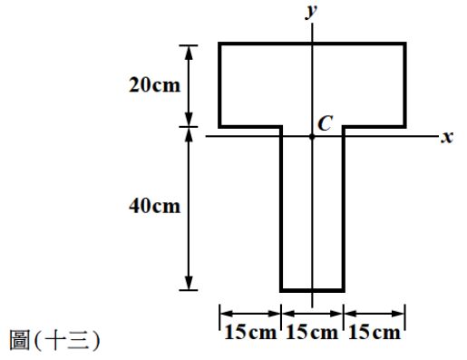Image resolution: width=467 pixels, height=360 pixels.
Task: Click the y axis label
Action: pyautogui.click(x=311, y=12)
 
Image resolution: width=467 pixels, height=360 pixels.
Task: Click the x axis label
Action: pyautogui.click(x=447, y=137)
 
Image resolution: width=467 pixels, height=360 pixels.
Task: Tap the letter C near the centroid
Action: pyautogui.click(x=326, y=123)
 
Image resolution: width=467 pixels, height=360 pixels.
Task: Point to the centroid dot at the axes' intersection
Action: pyautogui.click(x=312, y=137)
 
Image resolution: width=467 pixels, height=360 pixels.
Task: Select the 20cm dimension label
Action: pyautogui.click(x=154, y=85)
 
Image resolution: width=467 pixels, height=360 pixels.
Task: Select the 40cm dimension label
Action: pyautogui.click(x=154, y=207)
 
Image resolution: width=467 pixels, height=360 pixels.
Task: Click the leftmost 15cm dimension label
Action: pyautogui.click(x=250, y=333)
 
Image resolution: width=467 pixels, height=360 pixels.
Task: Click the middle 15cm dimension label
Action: pyautogui.click(x=312, y=333)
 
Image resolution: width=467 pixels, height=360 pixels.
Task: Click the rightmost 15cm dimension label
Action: pyautogui.click(x=375, y=333)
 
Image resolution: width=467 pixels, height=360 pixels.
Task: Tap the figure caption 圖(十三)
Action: pyautogui.click(x=54, y=340)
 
